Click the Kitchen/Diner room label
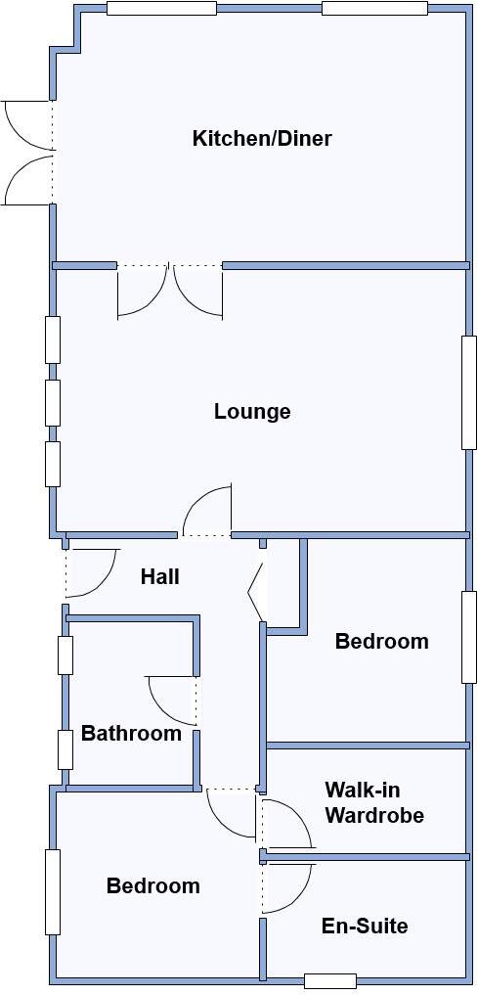click(262, 138)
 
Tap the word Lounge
click(252, 411)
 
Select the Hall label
click(159, 576)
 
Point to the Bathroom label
click(131, 733)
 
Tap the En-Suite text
click(365, 926)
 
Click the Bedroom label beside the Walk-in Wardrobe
click(381, 642)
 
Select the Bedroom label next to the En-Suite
click(152, 885)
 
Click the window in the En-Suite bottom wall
click(329, 980)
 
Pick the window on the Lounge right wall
click(469, 392)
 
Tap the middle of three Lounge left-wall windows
click(53, 402)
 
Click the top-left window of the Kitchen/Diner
click(161, 9)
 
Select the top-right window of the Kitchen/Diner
click(374, 9)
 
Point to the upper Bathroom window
click(65, 655)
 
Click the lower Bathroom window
click(65, 749)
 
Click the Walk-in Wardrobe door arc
click(291, 822)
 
